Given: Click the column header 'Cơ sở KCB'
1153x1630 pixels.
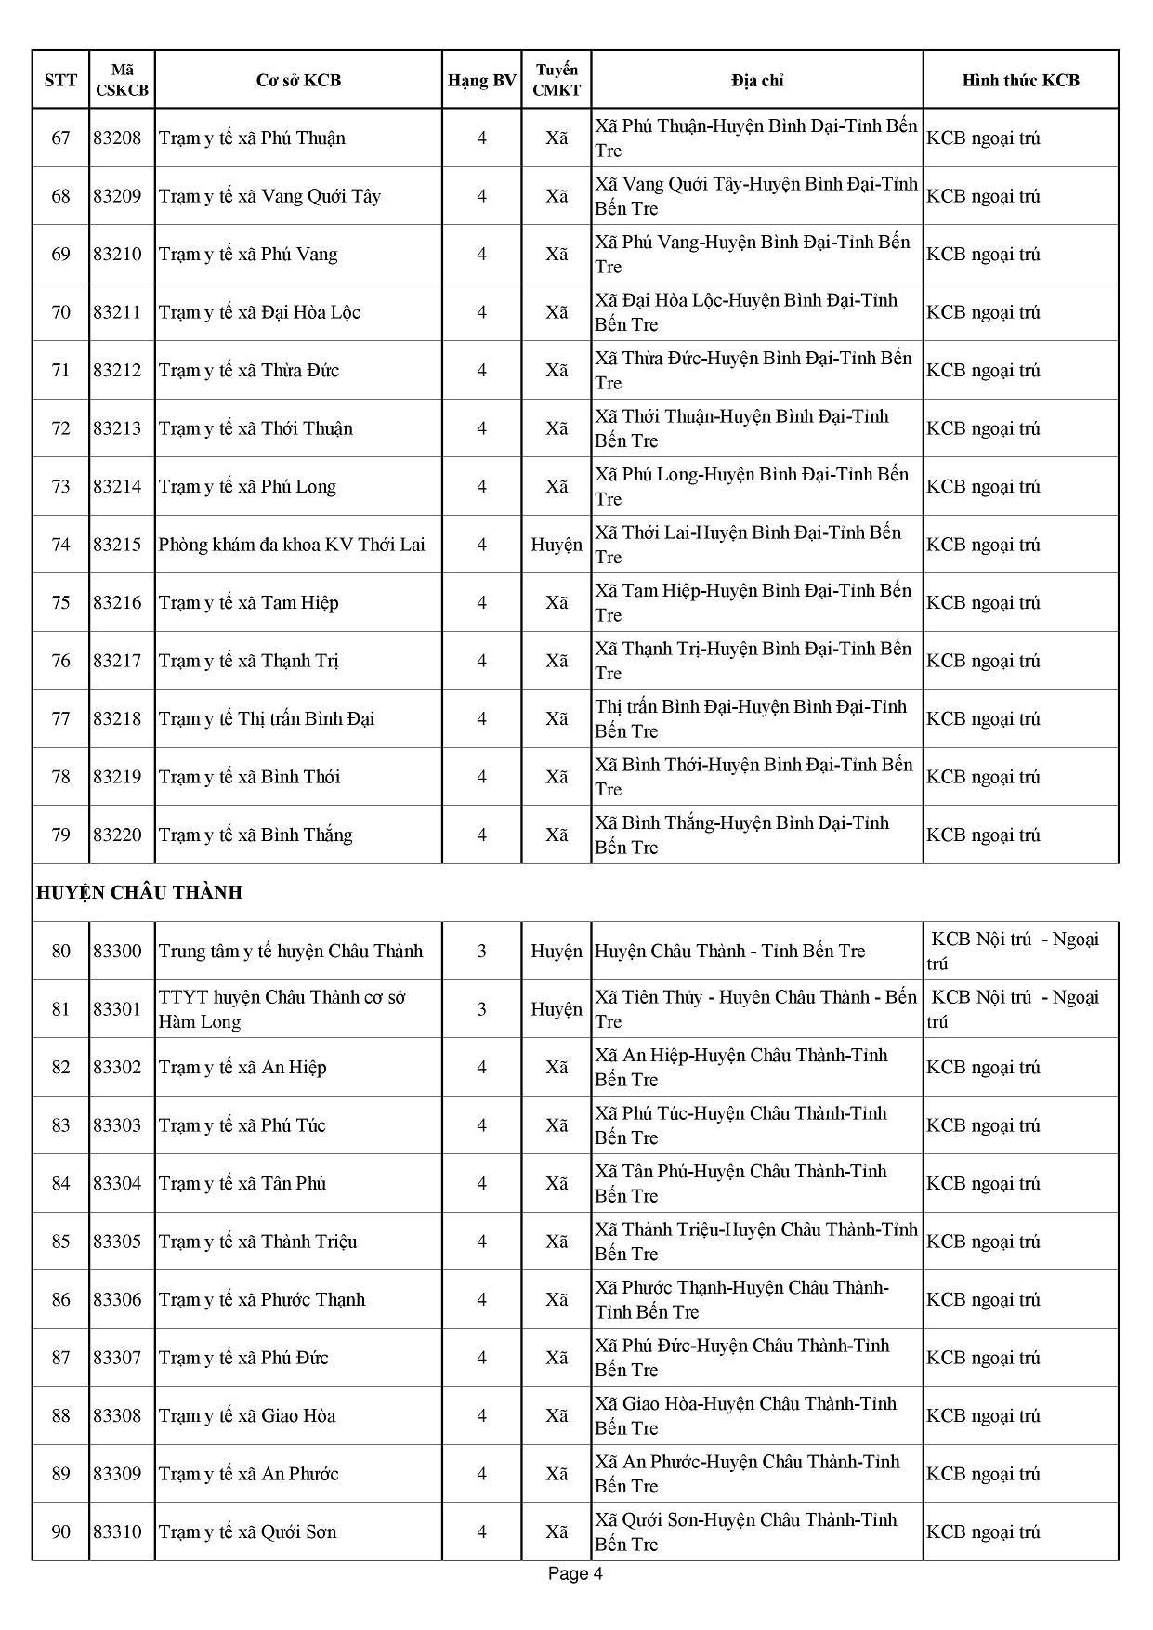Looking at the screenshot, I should click(298, 80).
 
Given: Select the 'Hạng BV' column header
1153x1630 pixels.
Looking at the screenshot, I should click(481, 80).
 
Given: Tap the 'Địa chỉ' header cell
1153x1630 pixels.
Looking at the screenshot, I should click(756, 80).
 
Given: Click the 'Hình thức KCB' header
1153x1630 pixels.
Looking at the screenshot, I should click(1020, 80).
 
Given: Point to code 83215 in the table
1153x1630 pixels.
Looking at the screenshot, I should click(117, 545).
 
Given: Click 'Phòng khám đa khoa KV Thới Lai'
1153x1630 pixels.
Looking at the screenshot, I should click(292, 545).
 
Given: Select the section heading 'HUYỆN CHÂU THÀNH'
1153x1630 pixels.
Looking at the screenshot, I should click(139, 892).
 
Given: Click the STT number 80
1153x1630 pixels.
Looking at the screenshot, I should click(61, 951).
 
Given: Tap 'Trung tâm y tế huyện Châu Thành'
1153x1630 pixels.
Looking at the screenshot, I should click(291, 951).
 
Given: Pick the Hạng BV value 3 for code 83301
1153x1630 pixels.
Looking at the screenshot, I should click(481, 1009).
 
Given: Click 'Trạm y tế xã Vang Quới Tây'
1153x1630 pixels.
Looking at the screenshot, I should click(269, 196).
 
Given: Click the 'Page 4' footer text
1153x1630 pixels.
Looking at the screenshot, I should click(576, 1573).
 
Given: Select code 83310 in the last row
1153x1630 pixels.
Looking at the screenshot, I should click(117, 1531).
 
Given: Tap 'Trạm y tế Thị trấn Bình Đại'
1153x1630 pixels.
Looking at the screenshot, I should click(267, 718).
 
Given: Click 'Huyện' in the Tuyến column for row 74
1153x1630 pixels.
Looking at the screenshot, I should click(557, 545).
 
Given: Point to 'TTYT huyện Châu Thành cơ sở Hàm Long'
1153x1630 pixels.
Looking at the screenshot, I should click(282, 1009).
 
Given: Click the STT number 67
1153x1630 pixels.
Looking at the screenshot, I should click(61, 138).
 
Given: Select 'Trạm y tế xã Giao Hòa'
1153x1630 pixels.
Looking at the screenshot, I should click(247, 1415).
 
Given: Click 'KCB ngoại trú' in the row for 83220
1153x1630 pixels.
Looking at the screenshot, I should click(983, 835).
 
